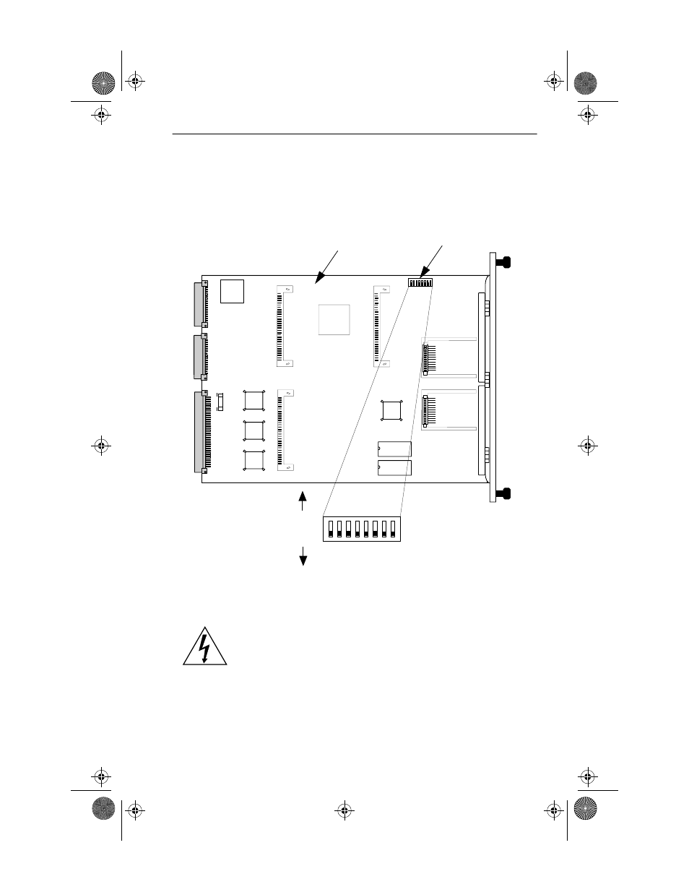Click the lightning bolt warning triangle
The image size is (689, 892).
pyautogui.click(x=205, y=646)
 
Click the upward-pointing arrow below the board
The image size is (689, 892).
pyautogui.click(x=303, y=501)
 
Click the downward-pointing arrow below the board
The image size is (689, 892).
pyautogui.click(x=303, y=555)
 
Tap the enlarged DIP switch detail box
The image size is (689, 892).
pyautogui.click(x=361, y=529)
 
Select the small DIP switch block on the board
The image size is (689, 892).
pyautogui.click(x=420, y=282)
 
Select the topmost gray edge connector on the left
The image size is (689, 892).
pyautogui.click(x=199, y=304)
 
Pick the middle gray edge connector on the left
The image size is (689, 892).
pyautogui.click(x=199, y=357)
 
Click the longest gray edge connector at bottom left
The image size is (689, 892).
pyautogui.click(x=199, y=432)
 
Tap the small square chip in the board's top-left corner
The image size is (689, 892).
pyautogui.click(x=232, y=290)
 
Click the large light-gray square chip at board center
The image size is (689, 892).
pyautogui.click(x=334, y=319)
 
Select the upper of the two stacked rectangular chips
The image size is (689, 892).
pyautogui.click(x=394, y=449)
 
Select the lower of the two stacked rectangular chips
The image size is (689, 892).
pyautogui.click(x=394, y=468)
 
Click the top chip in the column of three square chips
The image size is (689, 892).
pyautogui.click(x=254, y=401)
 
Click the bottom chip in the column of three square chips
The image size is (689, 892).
pyautogui.click(x=254, y=461)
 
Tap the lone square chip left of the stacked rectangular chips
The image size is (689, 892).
pyautogui.click(x=392, y=410)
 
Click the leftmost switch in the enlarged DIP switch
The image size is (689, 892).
pyautogui.click(x=331, y=529)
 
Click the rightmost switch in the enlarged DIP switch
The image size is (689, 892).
pyautogui.click(x=392, y=529)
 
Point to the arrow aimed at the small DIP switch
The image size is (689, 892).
pyautogui.click(x=432, y=259)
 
